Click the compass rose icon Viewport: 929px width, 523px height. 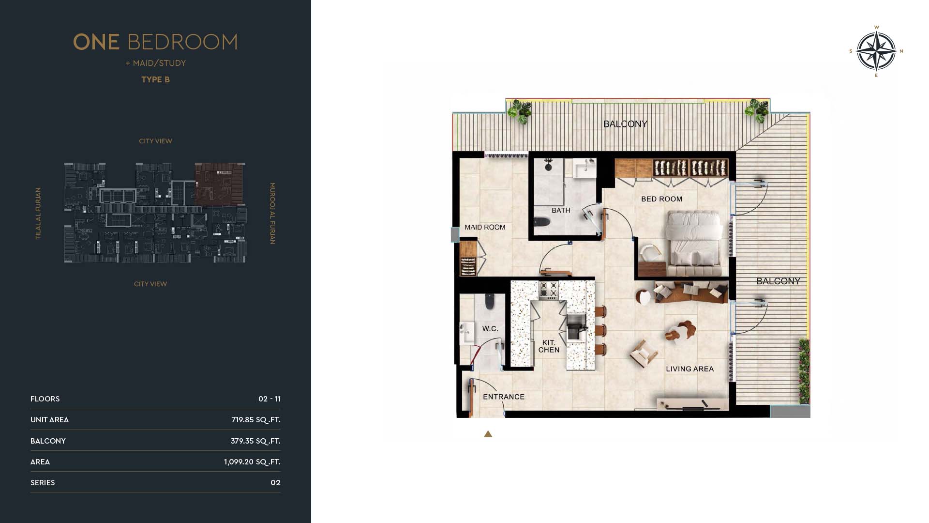(x=876, y=51)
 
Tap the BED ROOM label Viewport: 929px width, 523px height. (x=661, y=199)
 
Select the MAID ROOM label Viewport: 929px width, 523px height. (x=485, y=227)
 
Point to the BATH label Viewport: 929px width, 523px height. (x=561, y=211)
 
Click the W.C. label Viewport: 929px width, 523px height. (x=490, y=329)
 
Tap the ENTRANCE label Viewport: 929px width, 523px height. (x=504, y=397)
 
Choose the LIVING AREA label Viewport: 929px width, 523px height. (x=690, y=369)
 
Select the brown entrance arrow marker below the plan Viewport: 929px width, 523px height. (x=488, y=434)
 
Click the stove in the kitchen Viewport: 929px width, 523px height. (x=549, y=290)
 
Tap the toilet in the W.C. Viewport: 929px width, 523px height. (x=490, y=301)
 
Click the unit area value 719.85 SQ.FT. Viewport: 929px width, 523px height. (x=256, y=420)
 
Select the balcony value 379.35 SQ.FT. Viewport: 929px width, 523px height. (x=255, y=441)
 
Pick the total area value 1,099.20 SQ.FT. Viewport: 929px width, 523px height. (x=252, y=462)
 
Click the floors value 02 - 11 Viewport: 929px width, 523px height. (x=270, y=399)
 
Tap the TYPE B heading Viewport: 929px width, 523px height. (x=155, y=79)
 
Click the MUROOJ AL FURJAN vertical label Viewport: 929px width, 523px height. (x=272, y=214)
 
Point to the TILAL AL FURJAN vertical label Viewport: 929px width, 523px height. (x=38, y=214)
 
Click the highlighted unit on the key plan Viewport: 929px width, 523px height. (x=219, y=184)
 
